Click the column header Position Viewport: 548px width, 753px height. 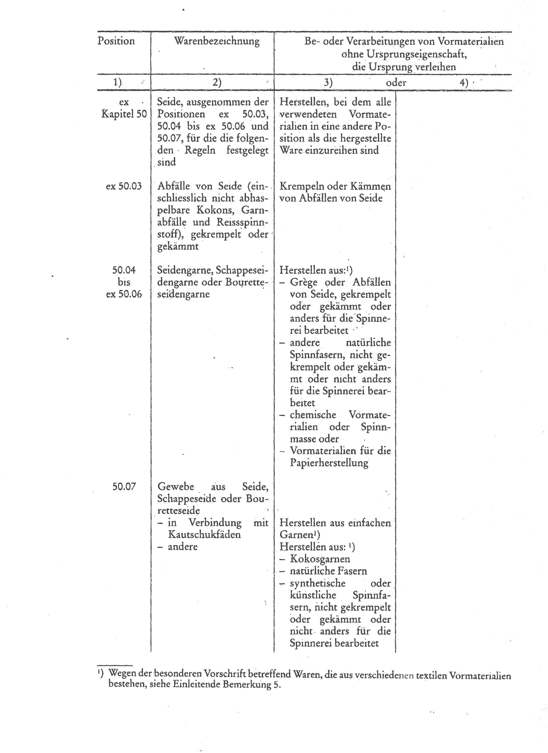click(x=116, y=41)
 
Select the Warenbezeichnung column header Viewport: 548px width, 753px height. click(x=217, y=41)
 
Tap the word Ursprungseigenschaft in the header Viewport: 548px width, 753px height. click(x=417, y=54)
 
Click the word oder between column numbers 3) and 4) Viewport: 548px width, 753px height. click(x=396, y=83)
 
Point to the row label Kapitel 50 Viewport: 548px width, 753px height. click(x=124, y=114)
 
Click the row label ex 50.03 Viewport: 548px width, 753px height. click(x=124, y=186)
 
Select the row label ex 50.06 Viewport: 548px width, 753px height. click(x=124, y=294)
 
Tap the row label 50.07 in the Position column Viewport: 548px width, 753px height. click(x=124, y=487)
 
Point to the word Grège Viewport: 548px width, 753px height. click(x=304, y=283)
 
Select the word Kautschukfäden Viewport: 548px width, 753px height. click(x=204, y=535)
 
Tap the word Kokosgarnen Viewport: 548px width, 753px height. click(x=320, y=559)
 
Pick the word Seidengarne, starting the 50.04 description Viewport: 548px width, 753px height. click(x=185, y=270)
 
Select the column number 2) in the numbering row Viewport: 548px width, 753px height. click(x=217, y=83)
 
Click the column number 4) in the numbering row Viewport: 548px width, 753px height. click(x=464, y=83)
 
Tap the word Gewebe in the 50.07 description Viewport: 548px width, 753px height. click(x=175, y=487)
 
